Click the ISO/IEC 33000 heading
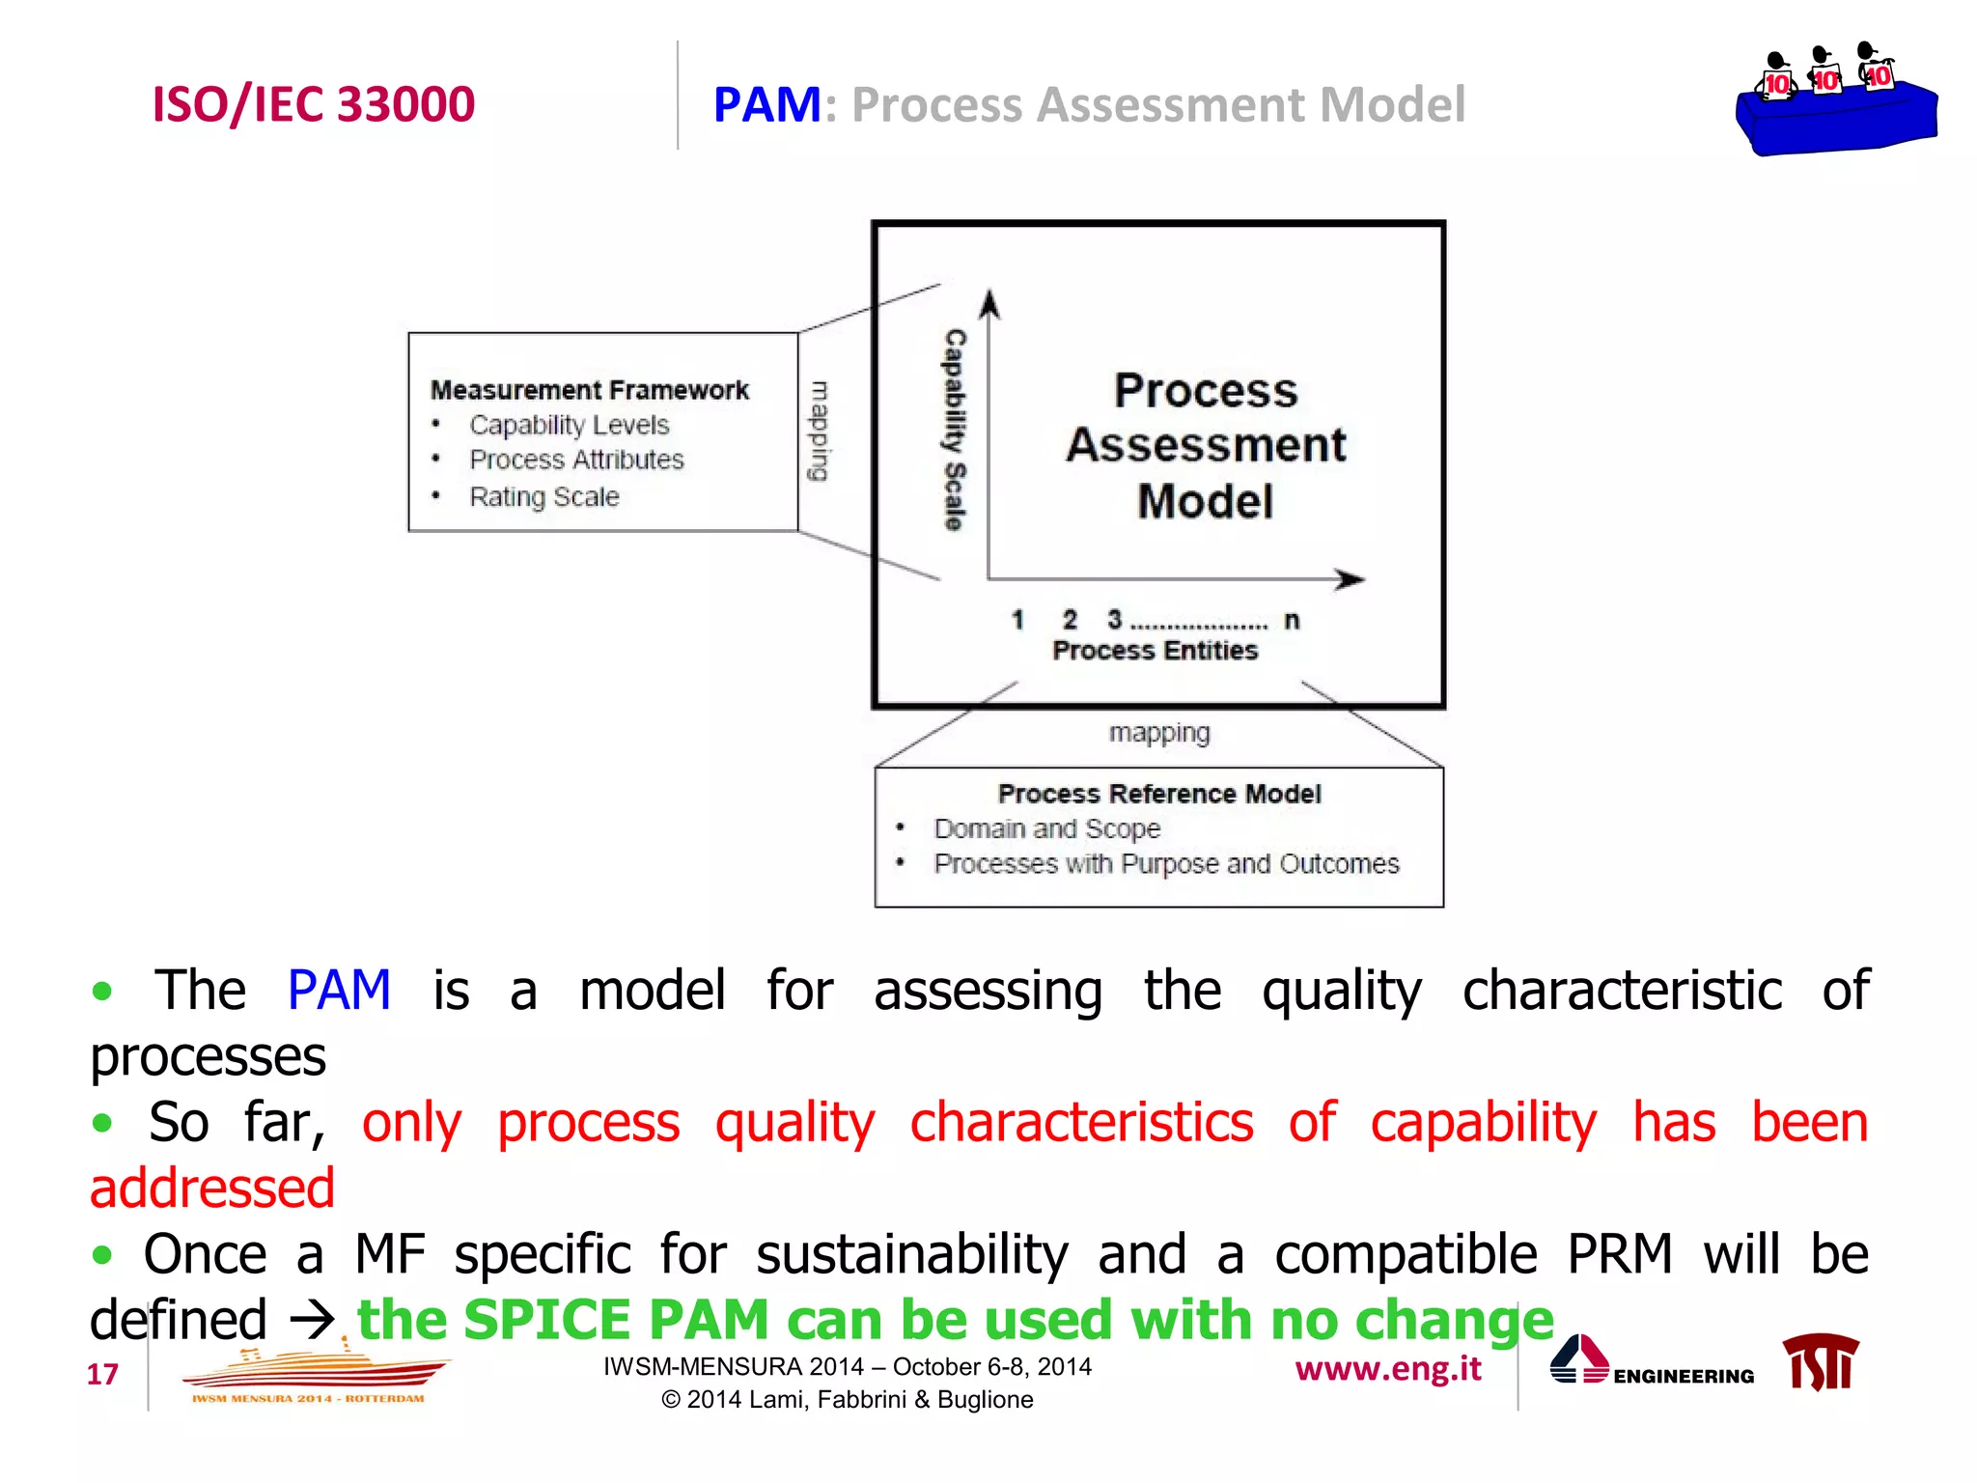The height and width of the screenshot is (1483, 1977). tap(314, 104)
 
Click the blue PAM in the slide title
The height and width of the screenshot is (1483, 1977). tap(766, 104)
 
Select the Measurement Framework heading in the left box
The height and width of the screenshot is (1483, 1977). tap(589, 390)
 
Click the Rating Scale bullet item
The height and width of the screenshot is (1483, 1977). tap(543, 496)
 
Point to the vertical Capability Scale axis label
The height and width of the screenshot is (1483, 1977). tap(955, 430)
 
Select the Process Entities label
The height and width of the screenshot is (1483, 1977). tap(1155, 651)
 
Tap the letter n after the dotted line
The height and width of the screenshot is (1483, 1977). tap(1292, 620)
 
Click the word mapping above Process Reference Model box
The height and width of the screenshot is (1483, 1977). tap(1158, 733)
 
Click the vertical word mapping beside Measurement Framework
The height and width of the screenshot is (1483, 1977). tap(819, 431)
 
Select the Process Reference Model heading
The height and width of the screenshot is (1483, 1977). tap(1158, 794)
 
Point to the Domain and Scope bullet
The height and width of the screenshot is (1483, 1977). tap(1046, 828)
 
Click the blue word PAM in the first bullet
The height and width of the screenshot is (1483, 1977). tap(339, 991)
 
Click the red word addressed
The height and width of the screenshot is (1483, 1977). tap(212, 1188)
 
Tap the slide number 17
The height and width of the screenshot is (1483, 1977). tap(102, 1374)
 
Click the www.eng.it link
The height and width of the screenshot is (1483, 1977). tap(1387, 1369)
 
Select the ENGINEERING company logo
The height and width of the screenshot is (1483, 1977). tap(1652, 1363)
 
